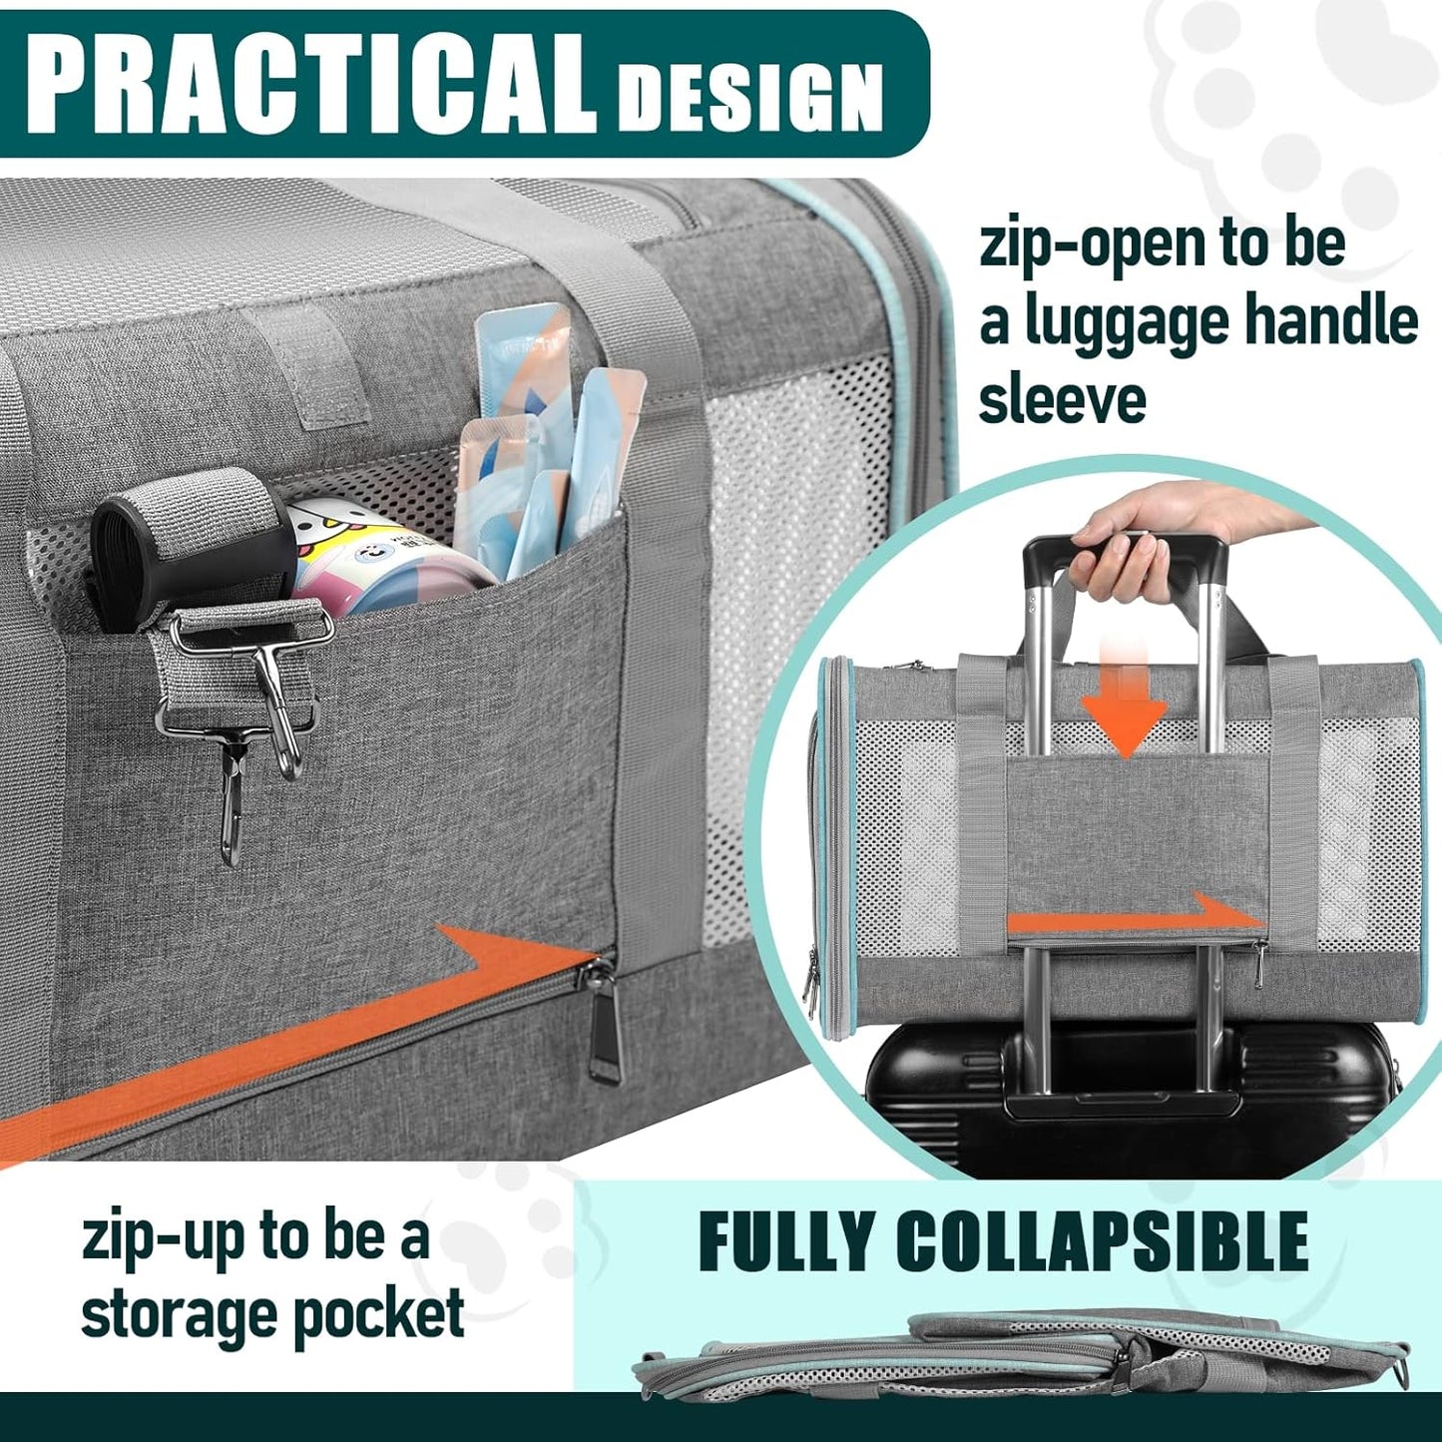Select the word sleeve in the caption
point(1062,400)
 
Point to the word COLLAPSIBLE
point(1102,1241)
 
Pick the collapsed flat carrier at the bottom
point(1018,1352)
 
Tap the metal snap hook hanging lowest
point(232,798)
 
